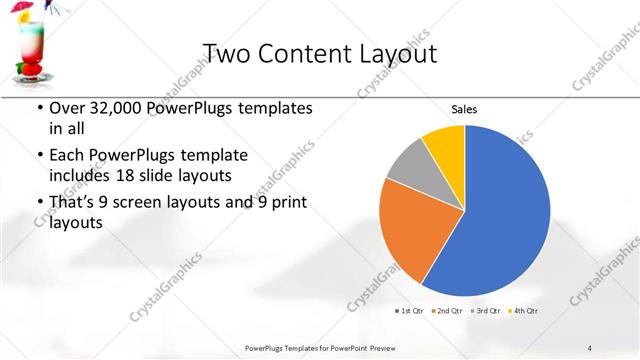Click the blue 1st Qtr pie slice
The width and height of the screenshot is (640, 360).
(500, 220)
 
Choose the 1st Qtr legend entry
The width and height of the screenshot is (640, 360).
(408, 311)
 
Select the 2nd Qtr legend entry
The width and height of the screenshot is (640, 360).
(445, 311)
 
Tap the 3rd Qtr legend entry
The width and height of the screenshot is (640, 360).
(484, 311)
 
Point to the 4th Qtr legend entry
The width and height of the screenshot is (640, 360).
(523, 311)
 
